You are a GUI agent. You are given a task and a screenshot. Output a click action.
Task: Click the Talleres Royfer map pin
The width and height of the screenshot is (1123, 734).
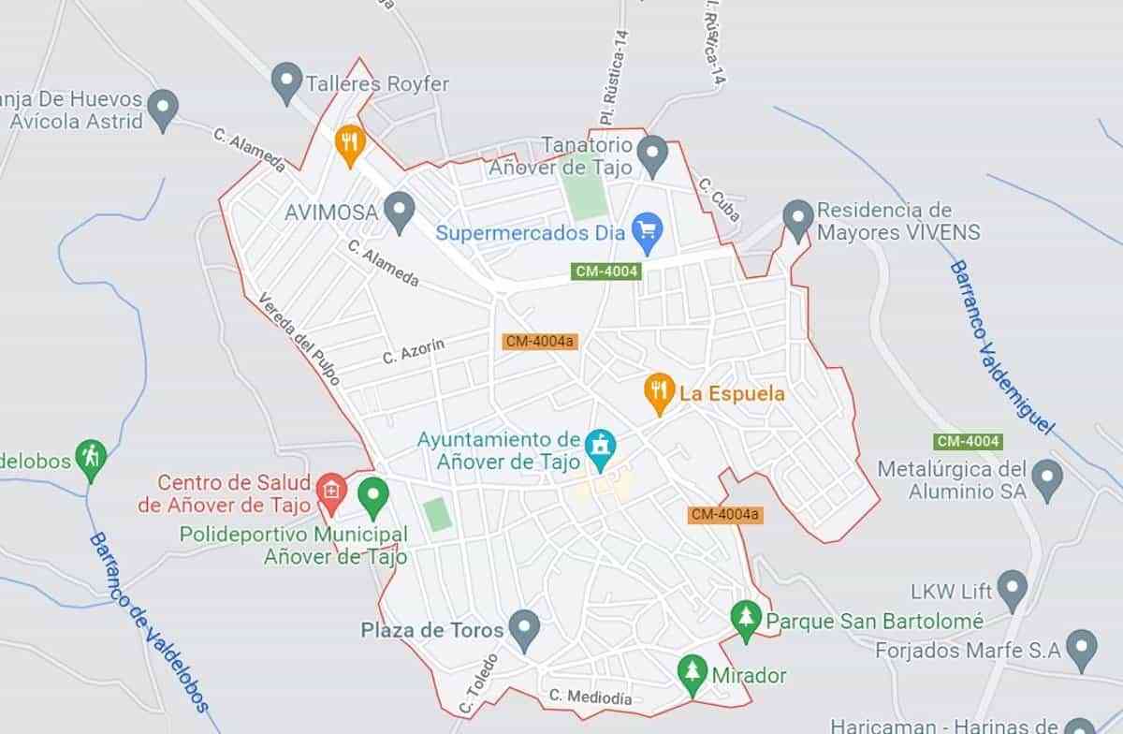coord(285,81)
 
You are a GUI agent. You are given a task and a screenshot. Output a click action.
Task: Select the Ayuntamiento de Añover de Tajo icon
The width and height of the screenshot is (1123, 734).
coord(600,448)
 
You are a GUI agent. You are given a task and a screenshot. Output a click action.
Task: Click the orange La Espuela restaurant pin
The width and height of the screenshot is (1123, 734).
coord(660,391)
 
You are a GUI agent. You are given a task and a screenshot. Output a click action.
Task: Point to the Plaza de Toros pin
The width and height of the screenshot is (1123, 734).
coord(524,629)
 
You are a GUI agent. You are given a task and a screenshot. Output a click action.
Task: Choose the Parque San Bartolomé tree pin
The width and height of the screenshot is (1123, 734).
coord(746,619)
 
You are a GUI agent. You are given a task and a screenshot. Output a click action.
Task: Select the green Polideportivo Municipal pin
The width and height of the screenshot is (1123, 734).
coord(373,495)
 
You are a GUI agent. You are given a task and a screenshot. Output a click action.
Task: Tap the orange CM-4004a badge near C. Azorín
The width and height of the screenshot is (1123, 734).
coord(539,342)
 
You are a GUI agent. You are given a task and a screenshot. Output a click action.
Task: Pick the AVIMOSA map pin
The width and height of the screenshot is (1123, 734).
coord(401,211)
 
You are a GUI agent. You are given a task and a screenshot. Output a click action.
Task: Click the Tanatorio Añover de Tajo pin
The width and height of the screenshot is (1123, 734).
coord(652,154)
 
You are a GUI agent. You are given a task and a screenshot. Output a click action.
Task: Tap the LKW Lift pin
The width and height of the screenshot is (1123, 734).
coord(1012,589)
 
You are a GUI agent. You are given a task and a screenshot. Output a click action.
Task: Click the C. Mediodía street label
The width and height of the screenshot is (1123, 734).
coord(591,697)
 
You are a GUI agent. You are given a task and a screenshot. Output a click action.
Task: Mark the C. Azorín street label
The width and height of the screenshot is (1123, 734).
coord(413,351)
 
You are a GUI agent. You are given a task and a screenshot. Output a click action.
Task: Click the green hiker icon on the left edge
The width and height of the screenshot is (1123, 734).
coord(91,458)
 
